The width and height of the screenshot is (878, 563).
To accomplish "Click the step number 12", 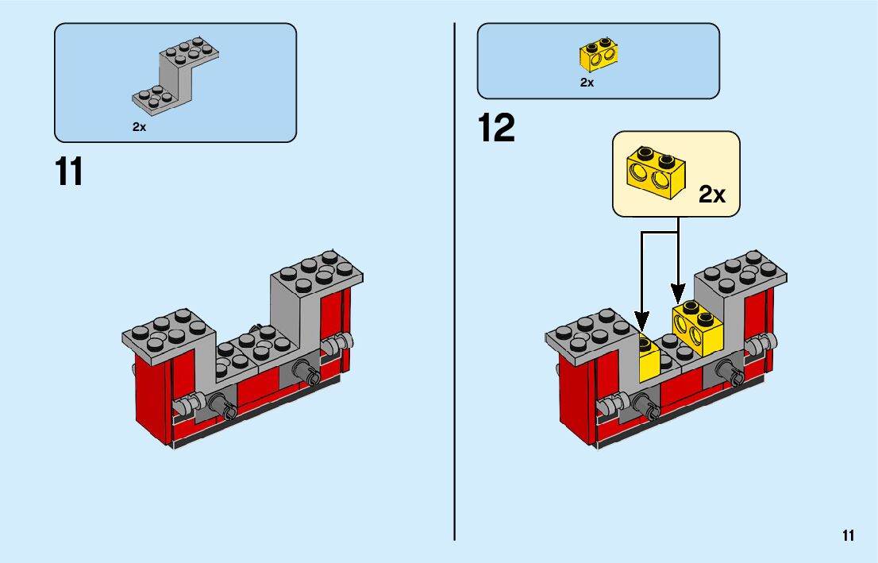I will (x=497, y=129).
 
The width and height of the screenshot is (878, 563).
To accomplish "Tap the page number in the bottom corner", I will (x=849, y=536).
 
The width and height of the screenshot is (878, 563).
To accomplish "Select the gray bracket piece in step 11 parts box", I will (x=176, y=76).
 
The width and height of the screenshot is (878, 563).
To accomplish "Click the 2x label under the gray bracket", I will (x=140, y=127).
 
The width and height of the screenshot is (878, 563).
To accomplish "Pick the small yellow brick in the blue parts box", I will (x=599, y=56).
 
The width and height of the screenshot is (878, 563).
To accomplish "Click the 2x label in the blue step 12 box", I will (x=587, y=83).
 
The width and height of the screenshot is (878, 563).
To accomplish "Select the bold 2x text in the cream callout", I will (x=712, y=195).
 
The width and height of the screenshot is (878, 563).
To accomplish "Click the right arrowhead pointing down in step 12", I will (x=677, y=292).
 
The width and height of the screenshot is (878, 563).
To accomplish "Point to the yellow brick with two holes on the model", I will (x=697, y=326).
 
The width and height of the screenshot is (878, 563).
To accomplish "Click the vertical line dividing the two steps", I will (x=454, y=278).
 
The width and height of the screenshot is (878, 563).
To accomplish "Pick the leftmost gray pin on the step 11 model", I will (x=184, y=406).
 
